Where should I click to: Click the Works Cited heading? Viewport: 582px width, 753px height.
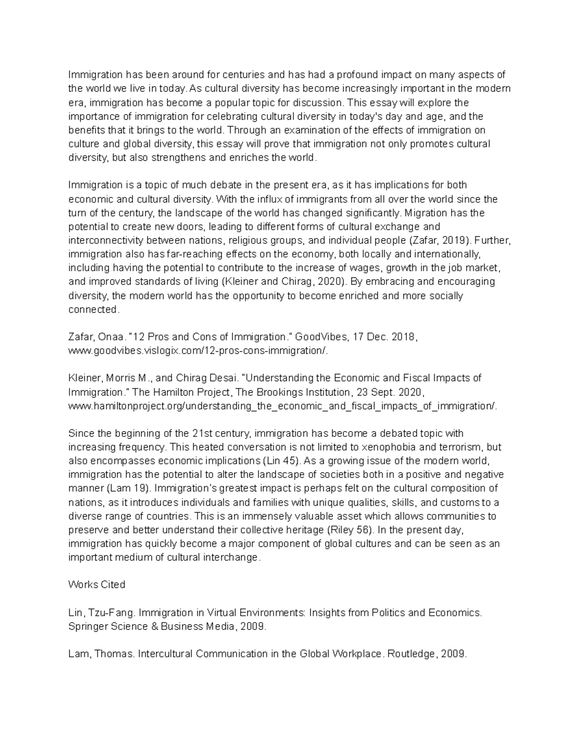click(x=97, y=585)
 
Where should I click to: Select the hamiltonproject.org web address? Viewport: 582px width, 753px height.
click(x=283, y=406)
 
